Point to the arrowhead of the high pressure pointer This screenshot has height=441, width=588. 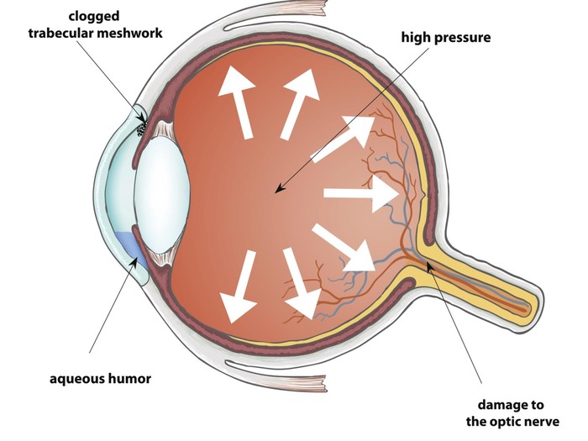point(275,192)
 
